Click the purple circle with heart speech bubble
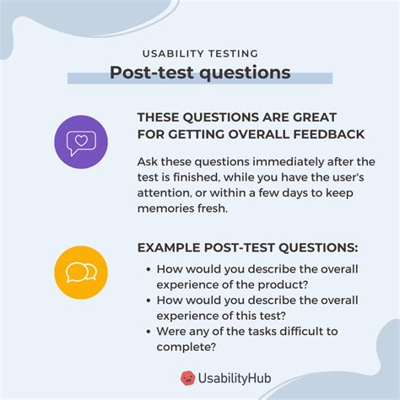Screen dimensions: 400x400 click(x=81, y=140)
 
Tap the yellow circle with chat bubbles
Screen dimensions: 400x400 click(x=81, y=272)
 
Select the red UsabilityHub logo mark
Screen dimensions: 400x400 click(x=188, y=379)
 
